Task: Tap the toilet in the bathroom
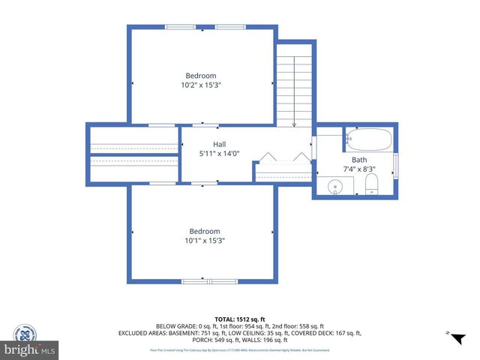[371, 185]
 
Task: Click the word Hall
[219, 144]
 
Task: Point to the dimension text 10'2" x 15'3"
[201, 85]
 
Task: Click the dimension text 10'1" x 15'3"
[204, 241]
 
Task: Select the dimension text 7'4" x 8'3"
[360, 169]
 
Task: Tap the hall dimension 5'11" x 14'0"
[219, 154]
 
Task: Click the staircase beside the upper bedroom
[294, 86]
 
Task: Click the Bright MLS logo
[30, 350]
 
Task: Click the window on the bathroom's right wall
[395, 166]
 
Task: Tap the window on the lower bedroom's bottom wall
[204, 281]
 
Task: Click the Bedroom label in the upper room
[201, 76]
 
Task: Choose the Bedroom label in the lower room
[204, 231]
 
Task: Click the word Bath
[360, 160]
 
